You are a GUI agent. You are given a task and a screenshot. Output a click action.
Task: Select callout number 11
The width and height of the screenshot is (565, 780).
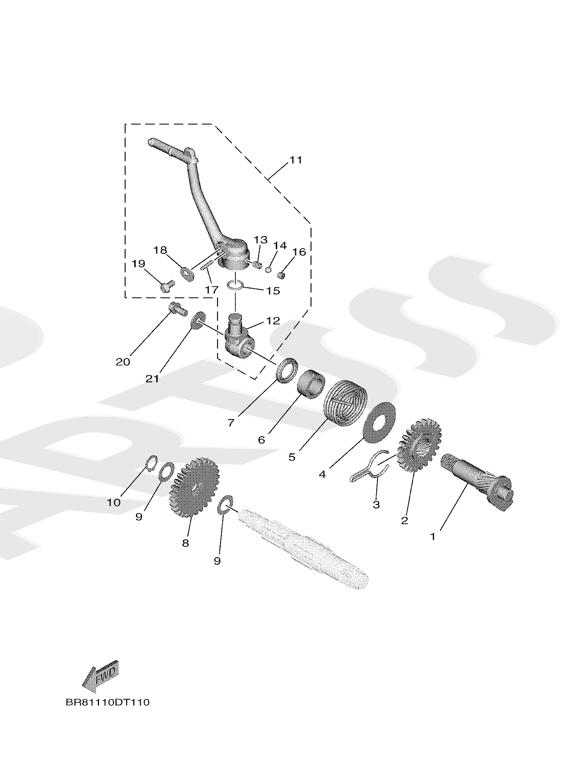coord(296,160)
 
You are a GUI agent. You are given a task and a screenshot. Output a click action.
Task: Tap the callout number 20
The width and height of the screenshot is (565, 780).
coord(123,362)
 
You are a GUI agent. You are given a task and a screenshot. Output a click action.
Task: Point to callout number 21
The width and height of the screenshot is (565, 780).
coord(152,379)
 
